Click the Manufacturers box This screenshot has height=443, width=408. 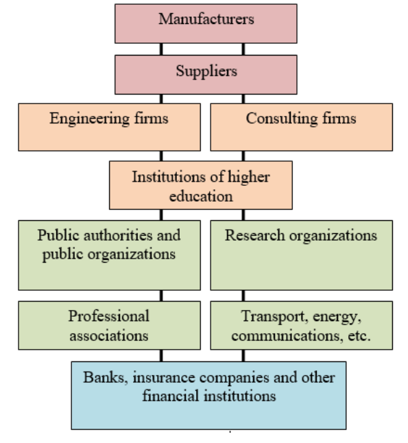tap(206, 23)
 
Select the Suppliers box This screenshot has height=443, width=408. tap(206, 75)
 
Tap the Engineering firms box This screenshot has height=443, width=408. tap(109, 127)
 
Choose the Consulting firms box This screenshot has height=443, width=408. tap(302, 127)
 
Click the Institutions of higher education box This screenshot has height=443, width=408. tap(201, 185)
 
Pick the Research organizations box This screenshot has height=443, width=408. tap(302, 255)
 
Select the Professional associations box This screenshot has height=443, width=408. tap(109, 326)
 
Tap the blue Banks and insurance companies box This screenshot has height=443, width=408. tap(208, 396)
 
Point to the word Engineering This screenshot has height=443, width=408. tap(90, 119)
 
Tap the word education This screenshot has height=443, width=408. tap(201, 196)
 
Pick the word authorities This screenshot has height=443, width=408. tap(118, 235)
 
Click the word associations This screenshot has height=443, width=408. tap(109, 336)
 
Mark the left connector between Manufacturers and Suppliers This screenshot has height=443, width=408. tap(161, 49)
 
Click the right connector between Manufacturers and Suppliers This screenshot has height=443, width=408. tap(243, 49)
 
